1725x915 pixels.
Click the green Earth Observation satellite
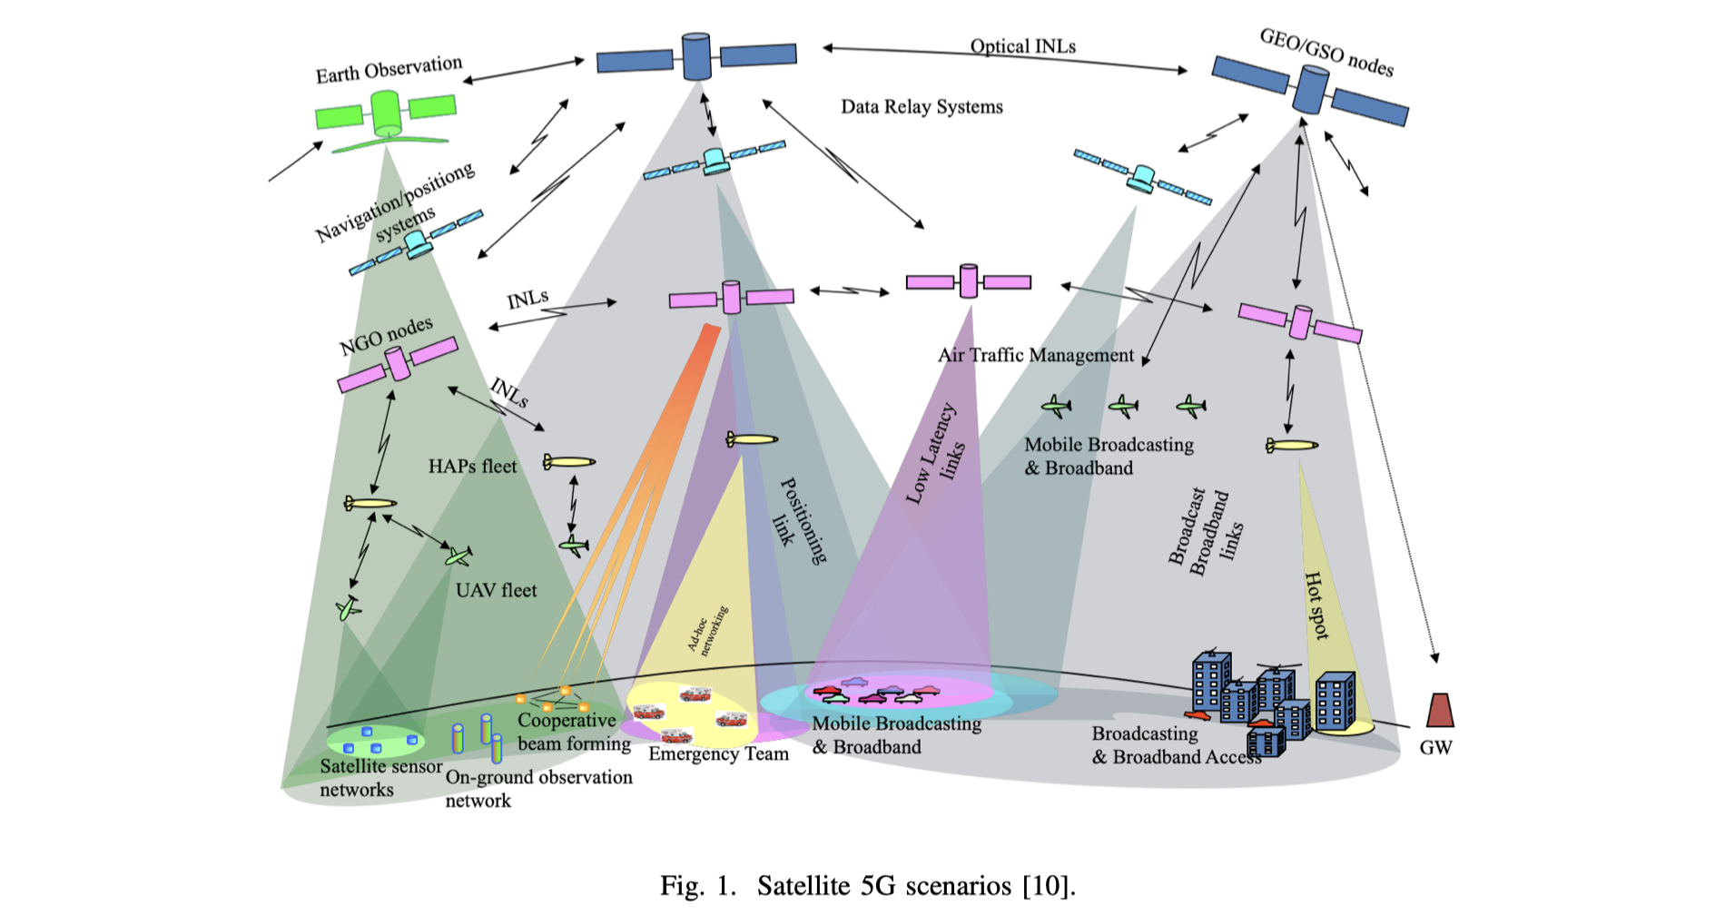[x=386, y=113]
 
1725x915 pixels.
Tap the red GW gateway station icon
[x=1440, y=711]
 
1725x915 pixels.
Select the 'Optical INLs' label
[x=1022, y=46]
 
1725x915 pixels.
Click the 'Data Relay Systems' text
[x=922, y=107]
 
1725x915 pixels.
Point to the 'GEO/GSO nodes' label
[x=1326, y=52]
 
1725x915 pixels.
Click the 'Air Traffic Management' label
[x=1036, y=356]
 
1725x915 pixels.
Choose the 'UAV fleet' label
[x=496, y=591]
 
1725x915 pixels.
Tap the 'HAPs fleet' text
[x=472, y=467]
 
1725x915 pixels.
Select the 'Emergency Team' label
[x=718, y=754]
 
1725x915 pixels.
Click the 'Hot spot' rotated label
[x=1316, y=605]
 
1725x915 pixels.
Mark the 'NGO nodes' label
[x=386, y=337]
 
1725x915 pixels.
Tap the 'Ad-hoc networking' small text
[x=707, y=630]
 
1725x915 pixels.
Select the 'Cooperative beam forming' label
[x=573, y=732]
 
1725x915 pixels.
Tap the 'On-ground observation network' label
[x=537, y=789]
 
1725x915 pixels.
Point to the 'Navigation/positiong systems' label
[x=395, y=205]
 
